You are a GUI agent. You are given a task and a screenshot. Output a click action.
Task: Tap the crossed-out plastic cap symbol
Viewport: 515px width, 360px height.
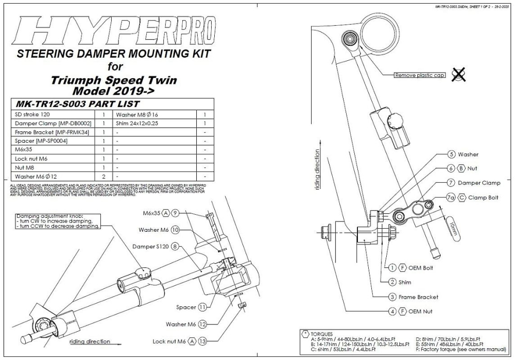pos(457,75)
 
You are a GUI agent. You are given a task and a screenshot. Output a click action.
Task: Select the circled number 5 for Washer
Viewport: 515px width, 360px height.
pos(451,154)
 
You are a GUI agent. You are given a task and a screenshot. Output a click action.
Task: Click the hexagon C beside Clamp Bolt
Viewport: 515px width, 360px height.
pos(462,197)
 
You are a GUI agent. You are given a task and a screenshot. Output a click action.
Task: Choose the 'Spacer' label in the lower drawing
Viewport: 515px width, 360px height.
pos(186,307)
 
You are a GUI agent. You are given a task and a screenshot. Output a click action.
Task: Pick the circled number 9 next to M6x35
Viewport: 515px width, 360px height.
pos(175,213)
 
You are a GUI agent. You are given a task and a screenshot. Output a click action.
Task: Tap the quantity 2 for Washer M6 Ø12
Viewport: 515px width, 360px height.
pos(104,177)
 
